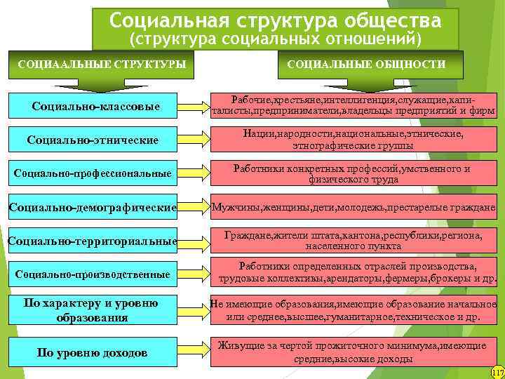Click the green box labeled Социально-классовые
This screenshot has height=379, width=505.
96,107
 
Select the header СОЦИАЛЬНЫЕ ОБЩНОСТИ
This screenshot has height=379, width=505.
366,65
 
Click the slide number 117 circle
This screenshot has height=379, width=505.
498,372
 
